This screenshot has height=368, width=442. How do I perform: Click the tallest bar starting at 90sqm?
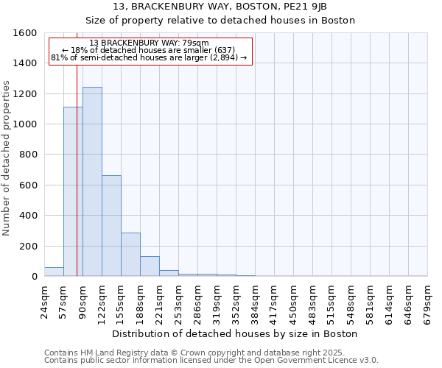92,182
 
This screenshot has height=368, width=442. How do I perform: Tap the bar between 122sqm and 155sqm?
111,226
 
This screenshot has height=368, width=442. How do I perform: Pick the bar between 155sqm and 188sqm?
130,255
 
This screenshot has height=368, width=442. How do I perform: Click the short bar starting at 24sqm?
54,272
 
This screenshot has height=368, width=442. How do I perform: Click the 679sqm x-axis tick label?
427,302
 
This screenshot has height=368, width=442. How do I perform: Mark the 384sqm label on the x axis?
255,302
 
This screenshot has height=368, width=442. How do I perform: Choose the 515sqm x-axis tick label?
331,302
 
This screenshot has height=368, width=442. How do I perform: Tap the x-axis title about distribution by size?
236,333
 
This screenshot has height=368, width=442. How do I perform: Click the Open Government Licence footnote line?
211,360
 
